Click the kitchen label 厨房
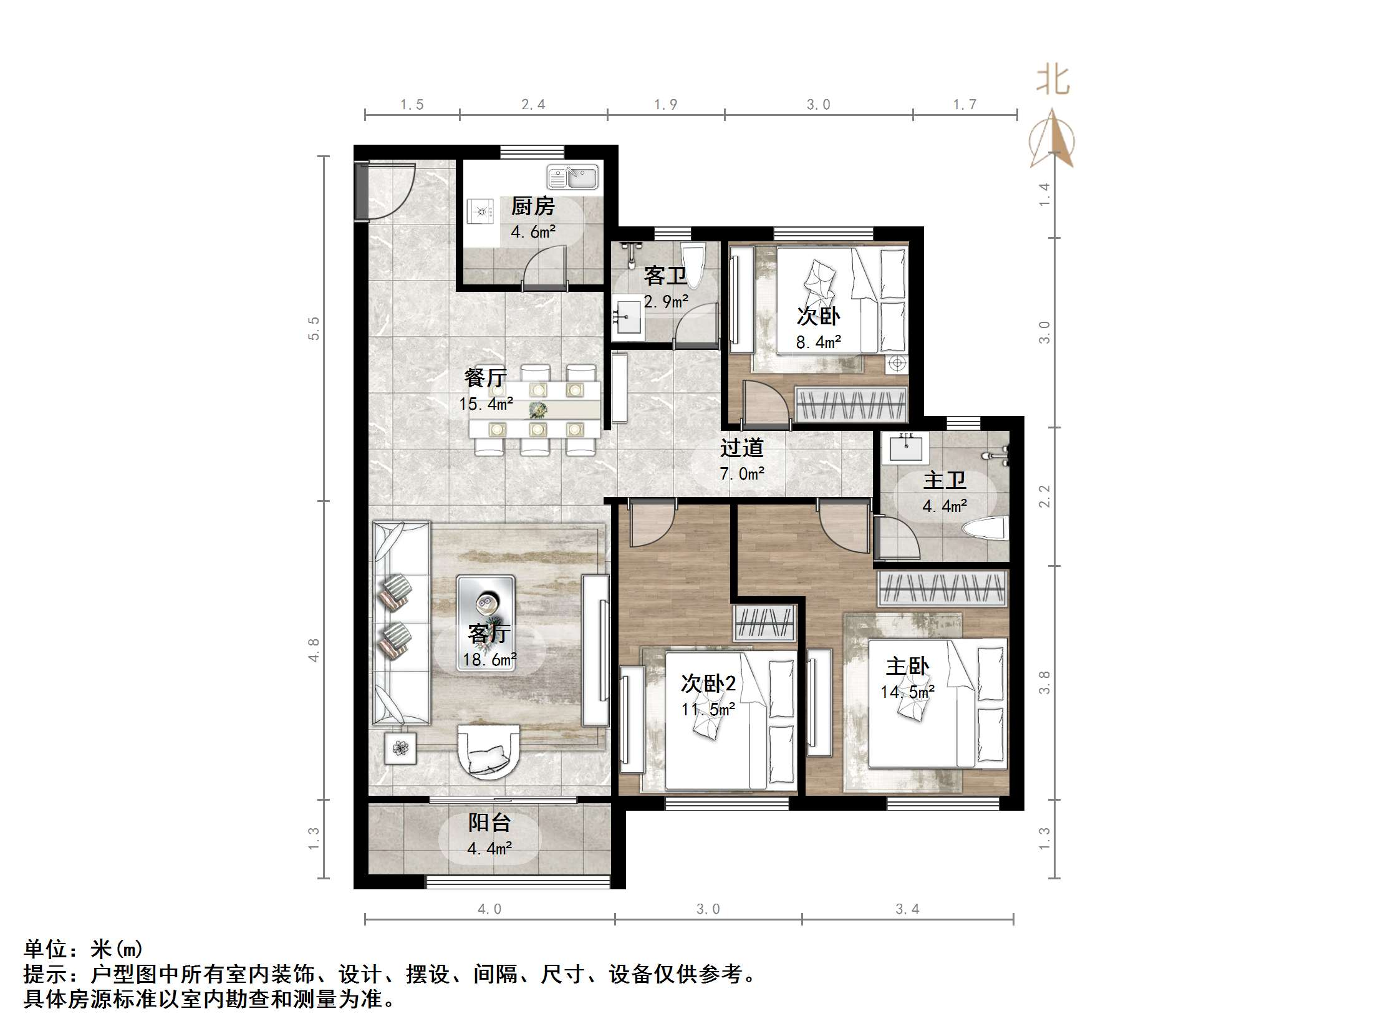tap(532, 206)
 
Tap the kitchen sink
tap(572, 178)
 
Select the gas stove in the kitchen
tap(479, 211)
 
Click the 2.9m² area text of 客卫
tap(665, 302)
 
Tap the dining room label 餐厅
tap(485, 378)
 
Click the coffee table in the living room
tap(486, 622)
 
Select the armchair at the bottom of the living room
tap(489, 751)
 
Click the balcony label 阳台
tap(489, 823)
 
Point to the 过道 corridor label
tap(741, 448)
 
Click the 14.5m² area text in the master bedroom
tap(907, 692)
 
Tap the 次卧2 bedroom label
tap(708, 684)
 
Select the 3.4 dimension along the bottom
tap(907, 909)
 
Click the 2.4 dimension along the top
tap(533, 105)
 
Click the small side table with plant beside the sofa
tap(400, 747)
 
